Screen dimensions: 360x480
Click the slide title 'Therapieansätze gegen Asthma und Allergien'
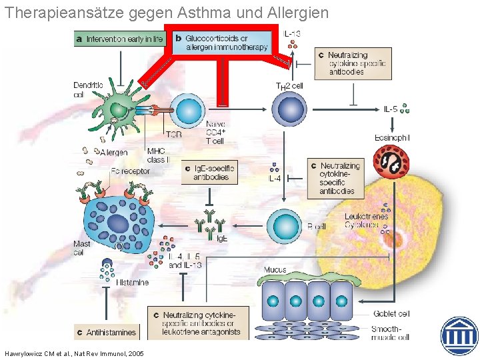coord(166,13)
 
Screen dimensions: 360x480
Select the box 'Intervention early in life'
coord(119,39)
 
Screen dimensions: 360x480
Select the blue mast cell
coord(119,222)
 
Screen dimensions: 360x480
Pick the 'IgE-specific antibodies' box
coord(211,173)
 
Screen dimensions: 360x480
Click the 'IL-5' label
coord(391,109)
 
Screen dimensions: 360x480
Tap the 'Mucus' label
coord(275,270)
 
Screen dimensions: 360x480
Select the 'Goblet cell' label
coord(391,313)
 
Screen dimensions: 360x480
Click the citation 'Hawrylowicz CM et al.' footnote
coord(74,353)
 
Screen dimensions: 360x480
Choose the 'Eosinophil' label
coord(394,137)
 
